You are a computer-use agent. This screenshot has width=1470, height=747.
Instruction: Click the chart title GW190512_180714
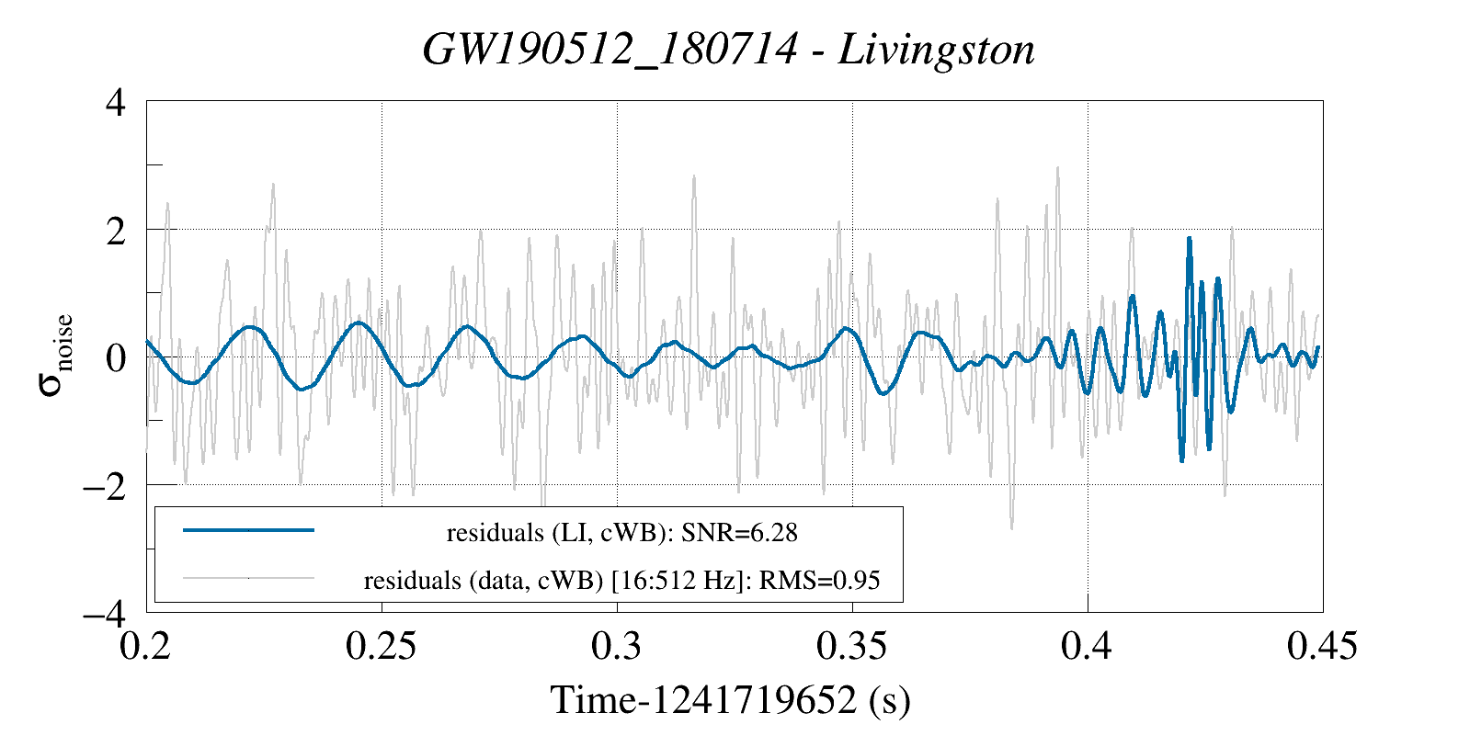click(608, 49)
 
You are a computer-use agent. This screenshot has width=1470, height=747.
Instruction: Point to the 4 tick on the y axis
click(116, 102)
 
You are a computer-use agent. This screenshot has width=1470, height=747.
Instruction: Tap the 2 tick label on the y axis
click(116, 230)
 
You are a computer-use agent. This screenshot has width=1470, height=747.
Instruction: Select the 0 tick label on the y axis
click(116, 357)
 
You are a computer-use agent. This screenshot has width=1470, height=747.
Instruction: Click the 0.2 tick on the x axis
click(146, 646)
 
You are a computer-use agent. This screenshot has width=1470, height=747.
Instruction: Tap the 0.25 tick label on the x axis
click(381, 646)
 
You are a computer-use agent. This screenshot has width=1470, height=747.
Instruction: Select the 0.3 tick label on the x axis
click(617, 646)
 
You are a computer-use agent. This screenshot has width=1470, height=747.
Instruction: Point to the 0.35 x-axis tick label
click(851, 646)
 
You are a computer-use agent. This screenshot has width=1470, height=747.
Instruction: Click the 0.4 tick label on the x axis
click(1088, 646)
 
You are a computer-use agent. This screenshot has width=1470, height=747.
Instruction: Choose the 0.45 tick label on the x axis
click(1322, 646)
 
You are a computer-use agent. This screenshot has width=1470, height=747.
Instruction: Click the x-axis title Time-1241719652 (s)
click(730, 700)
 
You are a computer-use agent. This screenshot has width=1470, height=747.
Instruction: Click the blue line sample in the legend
click(248, 530)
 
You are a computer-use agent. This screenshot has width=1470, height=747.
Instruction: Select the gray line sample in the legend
click(248, 579)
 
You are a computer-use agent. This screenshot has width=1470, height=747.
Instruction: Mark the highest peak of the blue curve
click(1190, 239)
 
